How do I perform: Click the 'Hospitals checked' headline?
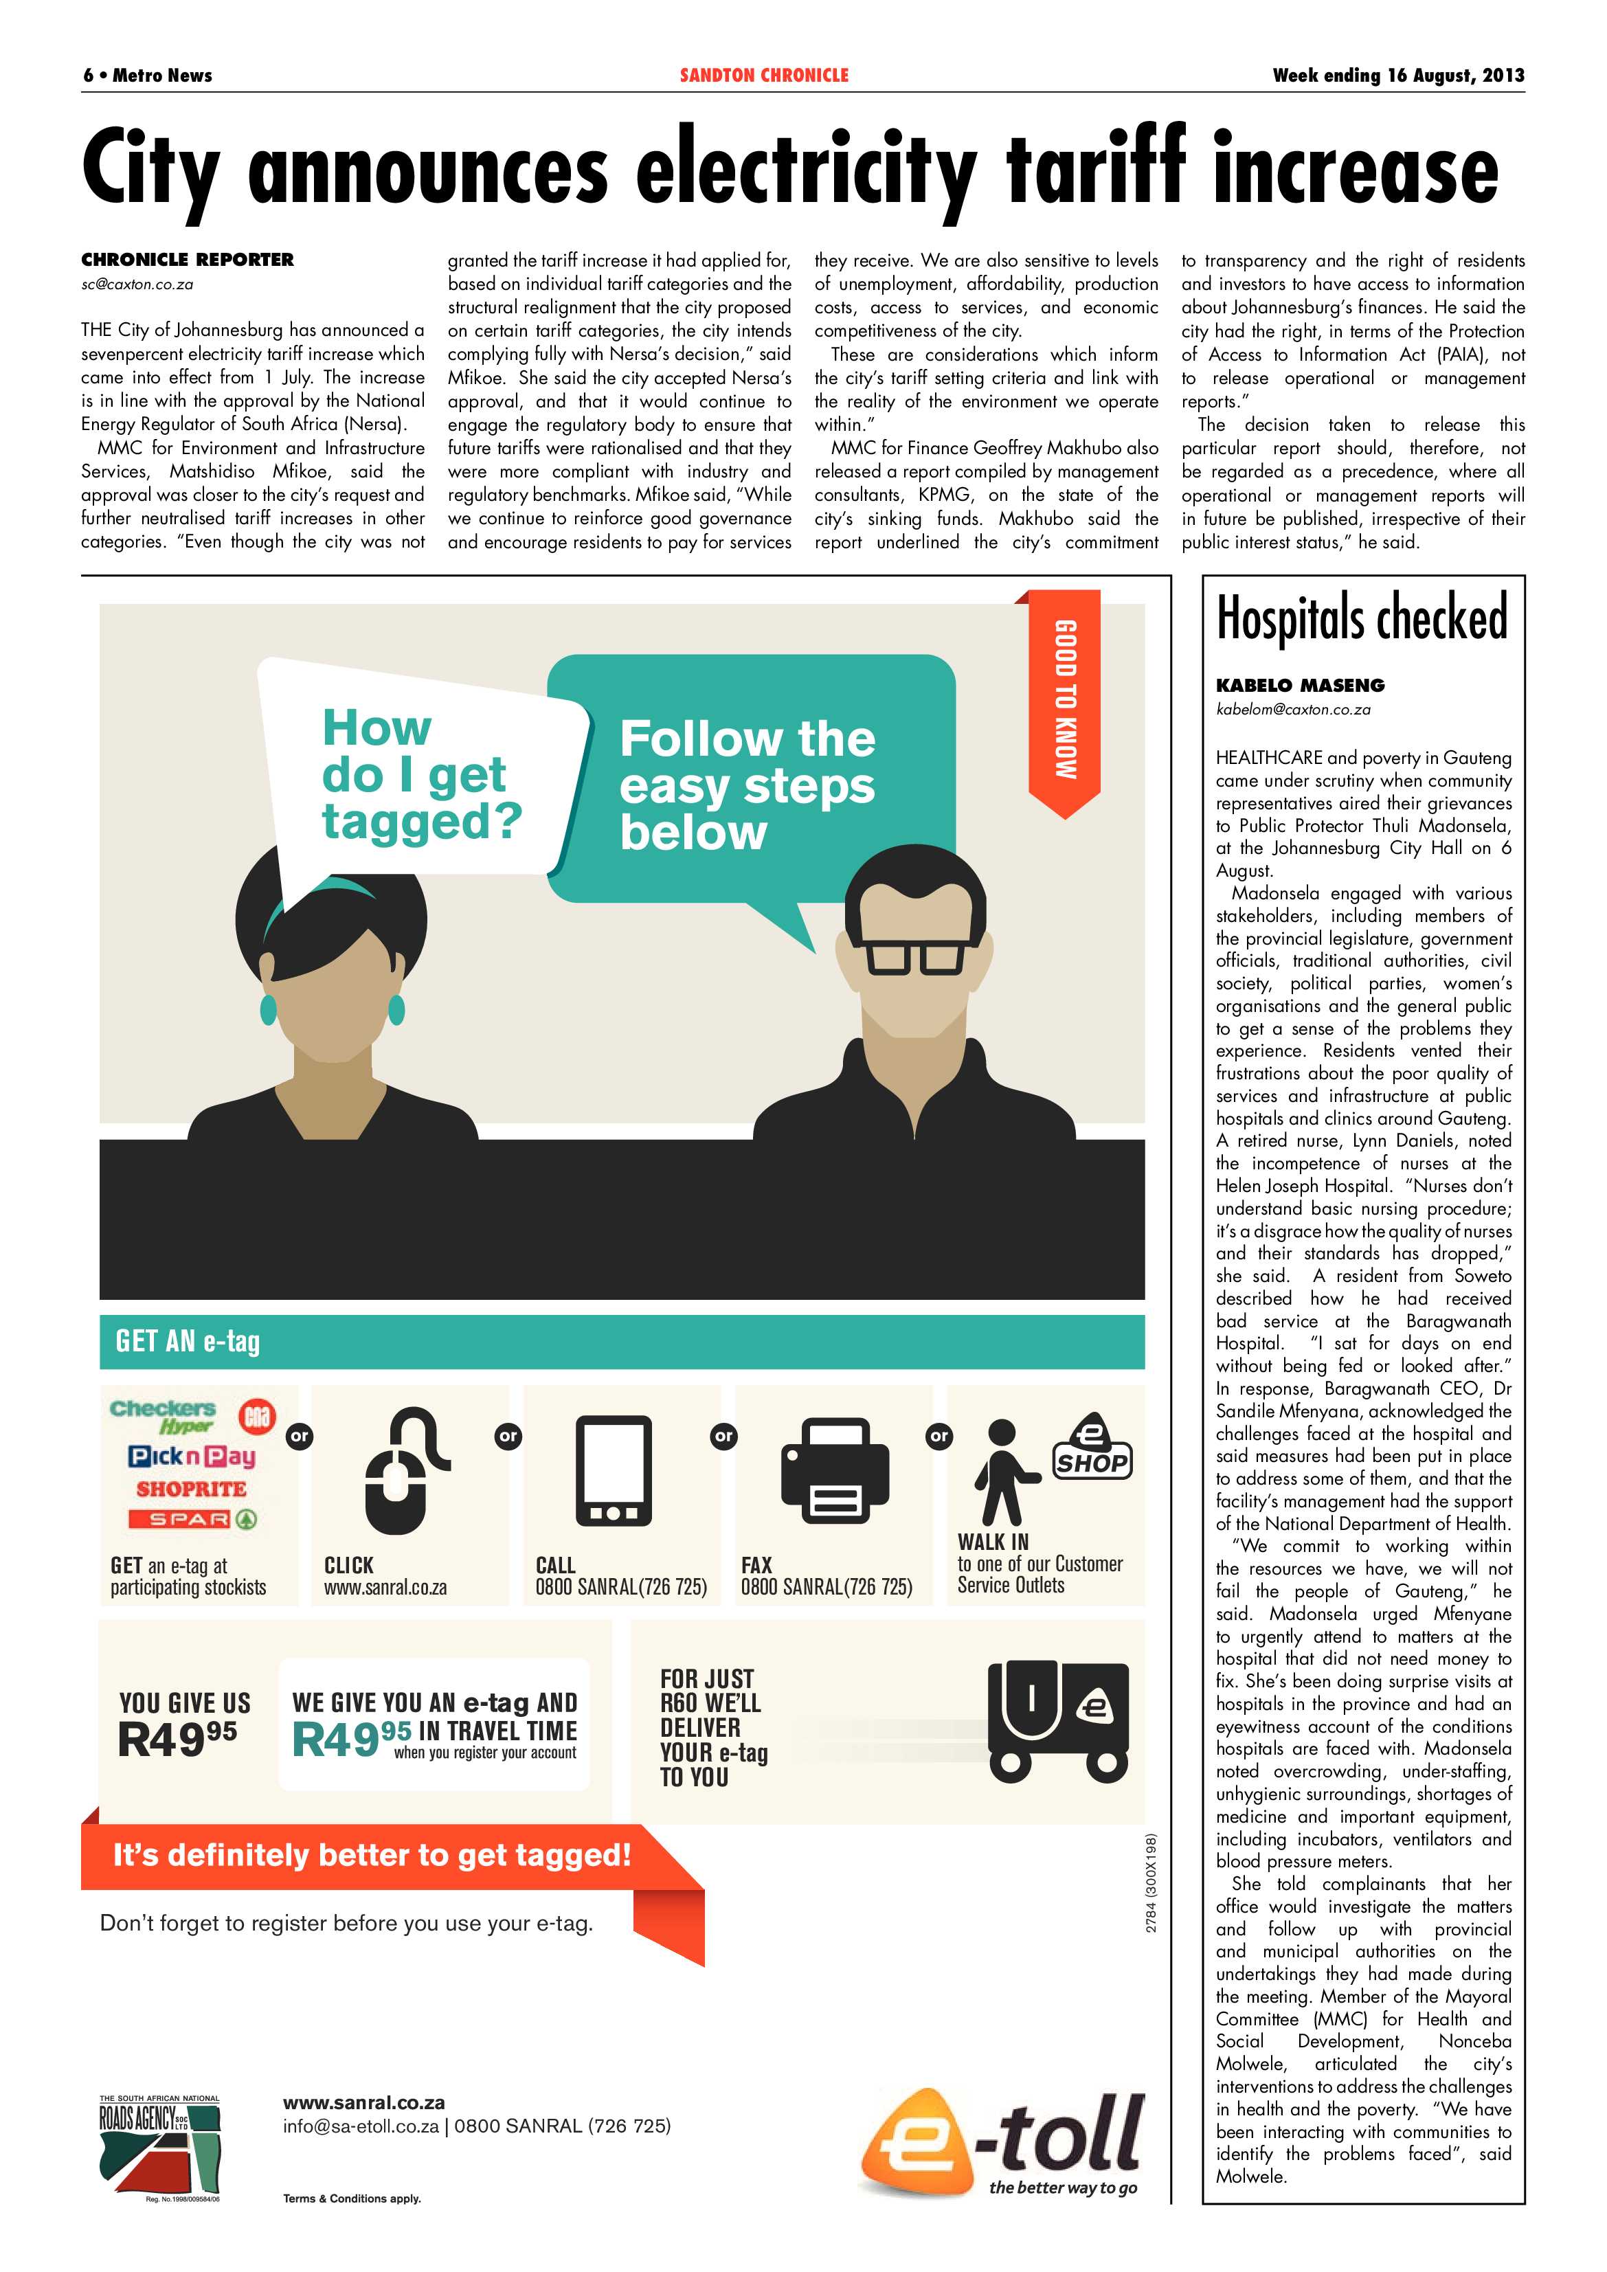[x=1362, y=618]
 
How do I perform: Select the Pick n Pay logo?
[x=191, y=1456]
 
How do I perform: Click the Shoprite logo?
[x=191, y=1489]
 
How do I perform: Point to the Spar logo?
[x=191, y=1519]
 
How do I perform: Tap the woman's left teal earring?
[x=268, y=1009]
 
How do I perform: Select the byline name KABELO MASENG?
[x=1299, y=685]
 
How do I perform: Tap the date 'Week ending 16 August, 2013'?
[x=1397, y=75]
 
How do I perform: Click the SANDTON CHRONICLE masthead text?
[x=764, y=75]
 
